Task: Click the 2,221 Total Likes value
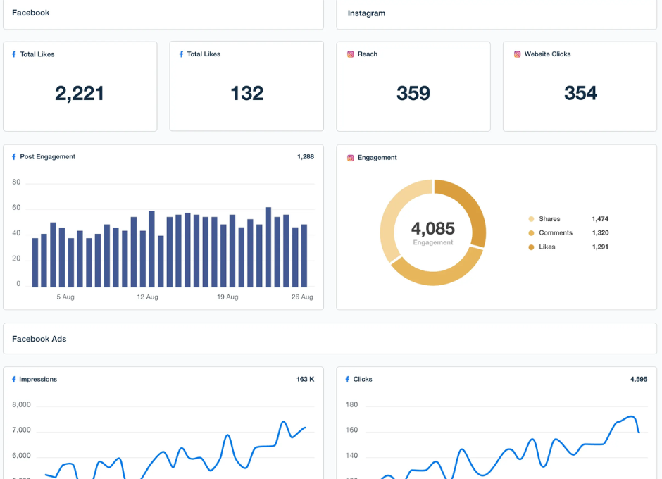tap(80, 94)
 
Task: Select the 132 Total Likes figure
tap(246, 94)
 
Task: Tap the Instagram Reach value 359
tap(413, 94)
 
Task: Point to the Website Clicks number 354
tap(580, 94)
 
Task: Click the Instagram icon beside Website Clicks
tap(517, 54)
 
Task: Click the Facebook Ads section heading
tap(39, 339)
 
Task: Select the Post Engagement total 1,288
tap(306, 157)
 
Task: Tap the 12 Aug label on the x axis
tap(147, 297)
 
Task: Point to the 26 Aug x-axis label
tap(302, 297)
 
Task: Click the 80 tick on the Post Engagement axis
tap(16, 182)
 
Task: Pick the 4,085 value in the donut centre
tap(433, 229)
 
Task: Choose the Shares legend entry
tap(549, 219)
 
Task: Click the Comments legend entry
tap(555, 233)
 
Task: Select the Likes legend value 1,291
tap(600, 247)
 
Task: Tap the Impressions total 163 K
tap(305, 380)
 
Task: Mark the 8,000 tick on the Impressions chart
tap(22, 405)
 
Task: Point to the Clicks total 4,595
tap(639, 380)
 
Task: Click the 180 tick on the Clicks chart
tap(352, 405)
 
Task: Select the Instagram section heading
tap(366, 13)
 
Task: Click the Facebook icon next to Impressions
tap(14, 380)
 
